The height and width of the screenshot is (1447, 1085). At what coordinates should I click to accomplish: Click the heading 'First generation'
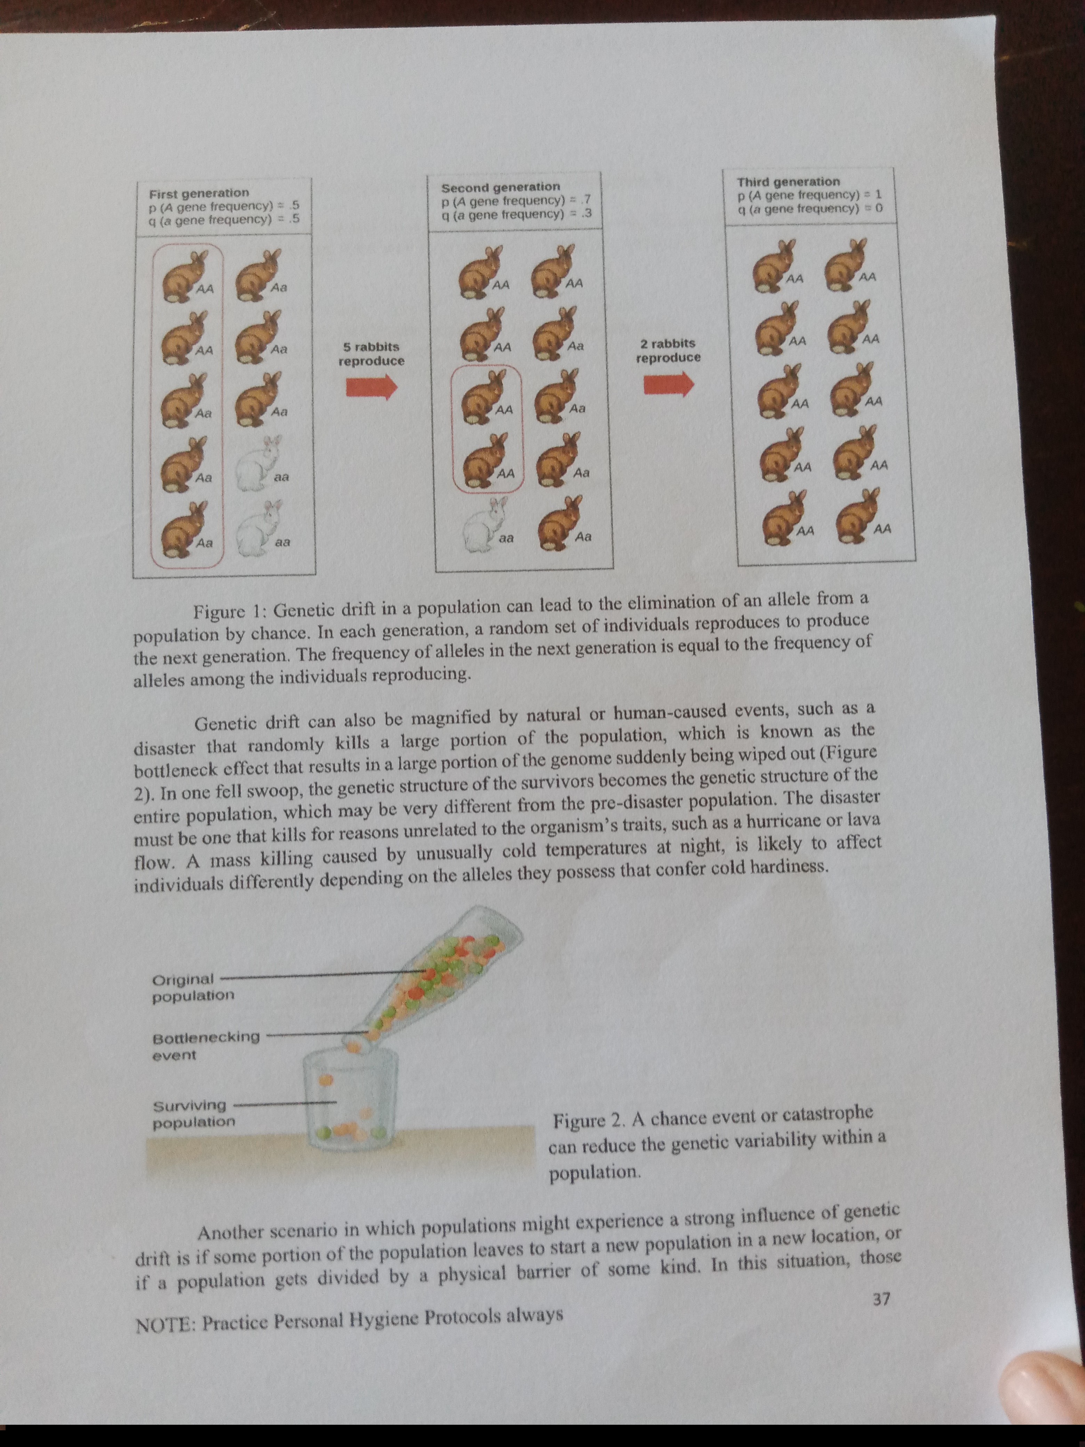(199, 193)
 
